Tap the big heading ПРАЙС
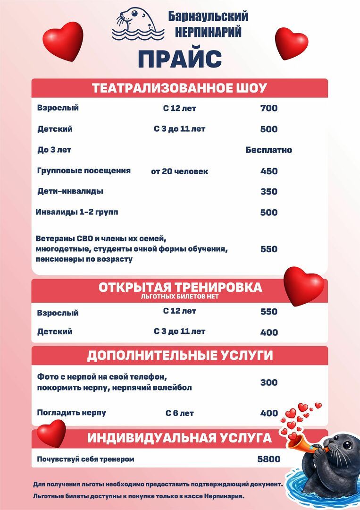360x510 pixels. point(180,59)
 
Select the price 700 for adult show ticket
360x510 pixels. point(269,108)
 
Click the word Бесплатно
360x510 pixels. point(268,150)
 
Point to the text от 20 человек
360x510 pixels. point(179,171)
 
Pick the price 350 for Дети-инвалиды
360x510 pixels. point(269,192)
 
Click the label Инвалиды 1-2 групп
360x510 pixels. point(77,212)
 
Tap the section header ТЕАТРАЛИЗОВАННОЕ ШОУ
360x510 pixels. point(179,88)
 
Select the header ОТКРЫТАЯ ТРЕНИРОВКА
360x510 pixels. point(180,288)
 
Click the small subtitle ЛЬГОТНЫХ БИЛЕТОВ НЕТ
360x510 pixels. point(180,297)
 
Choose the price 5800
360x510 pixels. point(269,459)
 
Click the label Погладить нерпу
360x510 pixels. point(72,413)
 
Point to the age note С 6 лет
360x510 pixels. point(179,413)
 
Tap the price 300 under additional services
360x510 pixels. point(269,382)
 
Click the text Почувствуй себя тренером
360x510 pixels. point(86,459)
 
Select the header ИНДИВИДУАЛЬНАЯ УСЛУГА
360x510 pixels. point(179,438)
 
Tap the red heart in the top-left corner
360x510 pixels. point(62,41)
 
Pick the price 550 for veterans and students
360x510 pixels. point(269,249)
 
